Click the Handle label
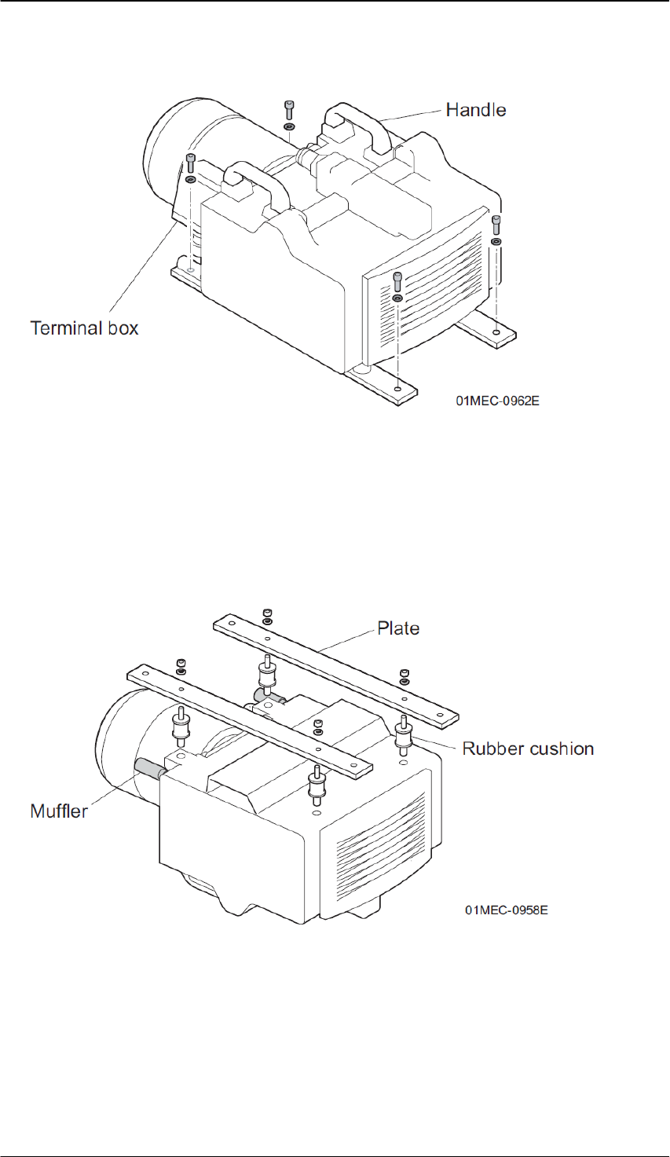(x=475, y=110)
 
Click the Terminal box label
(x=84, y=328)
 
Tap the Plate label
(x=398, y=628)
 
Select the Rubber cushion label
(x=528, y=749)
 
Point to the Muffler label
(x=59, y=811)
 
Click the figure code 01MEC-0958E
(x=506, y=911)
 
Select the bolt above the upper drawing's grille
(x=397, y=280)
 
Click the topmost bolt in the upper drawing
(x=289, y=109)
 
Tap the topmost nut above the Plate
(x=268, y=613)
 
